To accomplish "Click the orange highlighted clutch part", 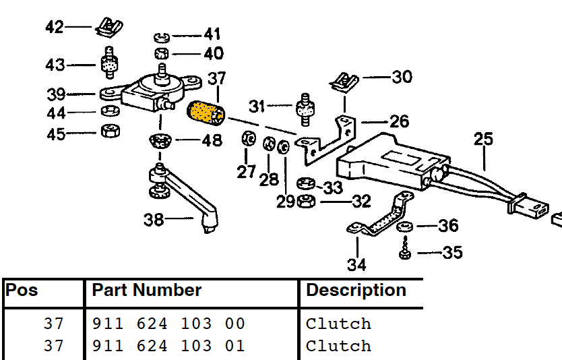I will (x=206, y=113).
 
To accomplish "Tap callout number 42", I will (x=55, y=27).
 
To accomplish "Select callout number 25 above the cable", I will (x=483, y=140).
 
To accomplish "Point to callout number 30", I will (x=402, y=77).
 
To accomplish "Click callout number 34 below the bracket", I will (x=356, y=264).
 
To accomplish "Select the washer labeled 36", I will (x=406, y=225).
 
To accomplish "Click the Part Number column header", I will (x=147, y=291).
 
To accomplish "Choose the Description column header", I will (x=356, y=291).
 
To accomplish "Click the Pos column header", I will (x=22, y=291).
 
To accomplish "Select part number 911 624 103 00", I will (x=168, y=324).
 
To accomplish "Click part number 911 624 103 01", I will (x=168, y=346).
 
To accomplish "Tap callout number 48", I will (x=212, y=141).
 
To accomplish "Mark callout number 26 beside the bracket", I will (x=399, y=121).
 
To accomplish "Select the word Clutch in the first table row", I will (x=338, y=324).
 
